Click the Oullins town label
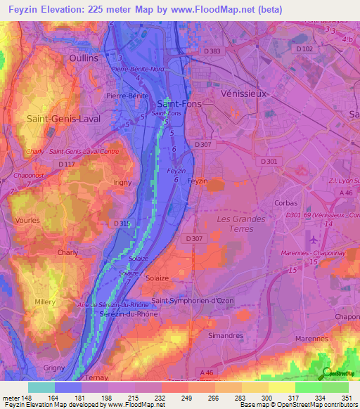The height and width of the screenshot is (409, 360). pyautogui.click(x=84, y=58)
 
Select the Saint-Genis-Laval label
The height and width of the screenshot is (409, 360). pyautogui.click(x=63, y=119)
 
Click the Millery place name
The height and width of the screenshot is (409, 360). pyautogui.click(x=45, y=301)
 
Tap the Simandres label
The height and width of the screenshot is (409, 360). pyautogui.click(x=226, y=337)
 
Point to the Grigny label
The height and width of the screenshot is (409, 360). pyautogui.click(x=53, y=368)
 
